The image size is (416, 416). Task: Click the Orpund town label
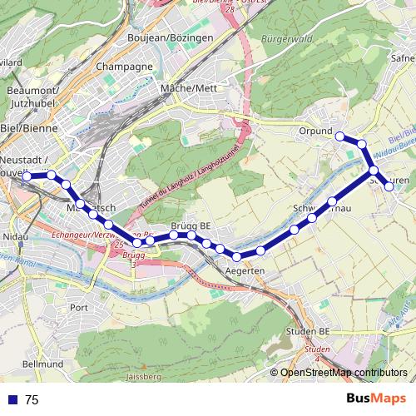coord(314,131)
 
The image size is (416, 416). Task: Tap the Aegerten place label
coord(245,272)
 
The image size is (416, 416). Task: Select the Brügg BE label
coord(191,225)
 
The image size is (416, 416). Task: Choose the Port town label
coord(79,307)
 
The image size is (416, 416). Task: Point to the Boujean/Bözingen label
coord(170,38)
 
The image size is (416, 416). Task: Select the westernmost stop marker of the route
coord(27,176)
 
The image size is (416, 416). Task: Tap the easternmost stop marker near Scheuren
coord(389,186)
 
